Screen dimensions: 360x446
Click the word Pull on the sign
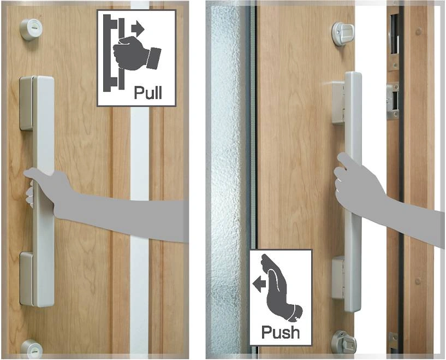[148, 92]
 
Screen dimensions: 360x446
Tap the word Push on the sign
[280, 332]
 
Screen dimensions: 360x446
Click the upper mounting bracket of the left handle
[26, 103]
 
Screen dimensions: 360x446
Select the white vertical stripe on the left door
[140, 219]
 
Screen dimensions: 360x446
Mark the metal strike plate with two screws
[392, 101]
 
